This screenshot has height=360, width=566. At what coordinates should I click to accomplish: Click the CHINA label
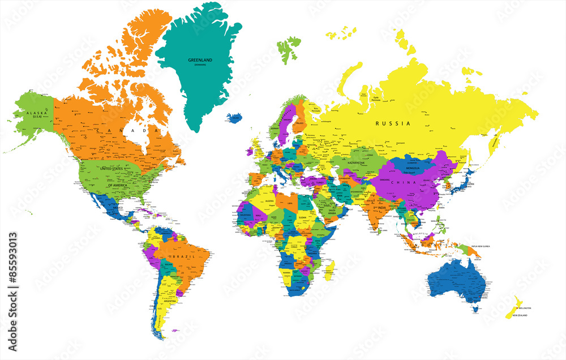coord(406,182)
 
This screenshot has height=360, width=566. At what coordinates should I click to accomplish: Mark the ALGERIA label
coord(265,201)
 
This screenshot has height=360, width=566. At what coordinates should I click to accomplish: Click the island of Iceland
coord(235,118)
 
